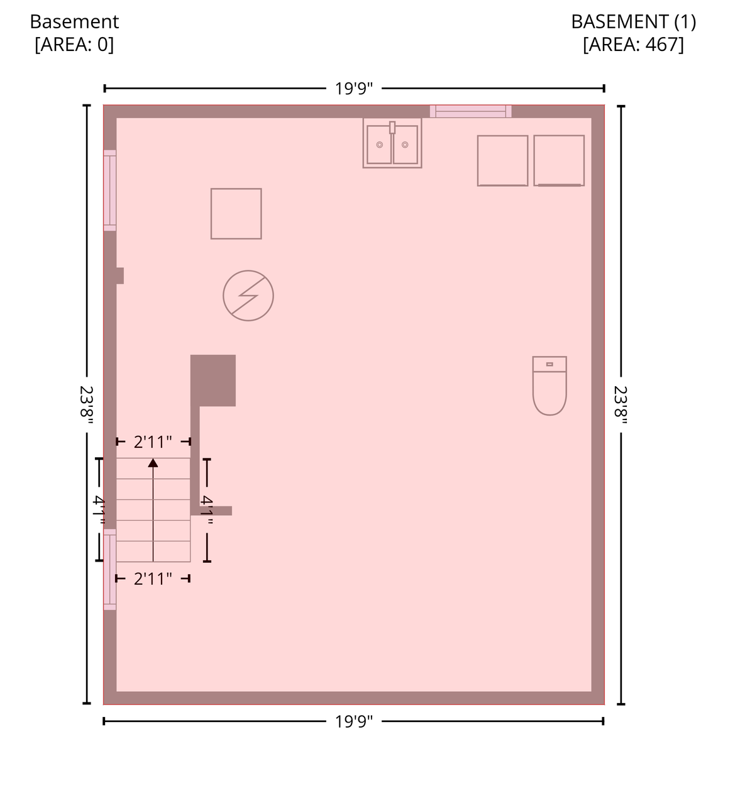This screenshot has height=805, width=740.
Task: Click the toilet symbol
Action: coord(549,386)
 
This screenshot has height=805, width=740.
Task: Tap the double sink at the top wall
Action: coord(392,143)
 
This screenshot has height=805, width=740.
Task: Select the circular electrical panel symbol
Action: coord(248,296)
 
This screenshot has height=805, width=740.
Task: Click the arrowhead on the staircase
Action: coord(153,463)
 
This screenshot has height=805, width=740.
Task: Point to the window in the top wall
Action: coord(471,111)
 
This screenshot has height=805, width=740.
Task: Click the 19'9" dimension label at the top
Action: coord(354,89)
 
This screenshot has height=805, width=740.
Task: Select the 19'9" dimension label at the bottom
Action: coord(354,722)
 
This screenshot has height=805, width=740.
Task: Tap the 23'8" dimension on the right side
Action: coord(621,404)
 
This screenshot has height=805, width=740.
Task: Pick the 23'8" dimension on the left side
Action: coord(87,404)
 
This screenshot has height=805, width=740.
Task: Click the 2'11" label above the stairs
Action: coord(153,442)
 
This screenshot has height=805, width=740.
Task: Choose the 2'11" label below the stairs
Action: coord(153,579)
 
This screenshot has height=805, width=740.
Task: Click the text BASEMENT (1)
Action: coord(633,21)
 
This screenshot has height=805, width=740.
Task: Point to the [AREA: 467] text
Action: coord(633,44)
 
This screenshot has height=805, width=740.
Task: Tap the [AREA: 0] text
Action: coord(74,44)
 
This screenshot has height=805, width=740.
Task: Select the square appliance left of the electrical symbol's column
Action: coord(236,214)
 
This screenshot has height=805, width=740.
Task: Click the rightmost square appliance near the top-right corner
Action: coord(559,160)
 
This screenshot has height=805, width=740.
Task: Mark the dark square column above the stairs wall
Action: coord(213,380)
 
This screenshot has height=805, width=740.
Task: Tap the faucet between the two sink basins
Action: coord(392,128)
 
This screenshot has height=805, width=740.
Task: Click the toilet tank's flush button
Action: coord(549,364)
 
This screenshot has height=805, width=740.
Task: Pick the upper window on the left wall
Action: coord(110,191)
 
